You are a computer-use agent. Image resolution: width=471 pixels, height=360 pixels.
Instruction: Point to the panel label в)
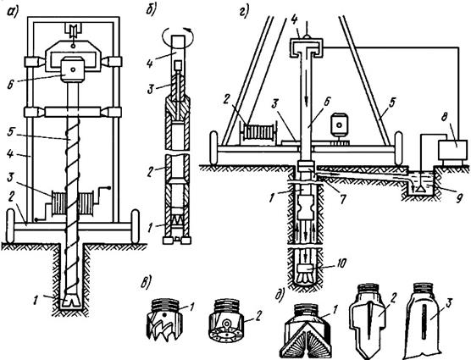click(x=147, y=282)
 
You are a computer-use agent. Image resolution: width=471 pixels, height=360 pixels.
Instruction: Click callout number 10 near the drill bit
click(x=340, y=263)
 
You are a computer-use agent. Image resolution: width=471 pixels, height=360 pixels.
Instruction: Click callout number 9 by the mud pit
click(x=458, y=198)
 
